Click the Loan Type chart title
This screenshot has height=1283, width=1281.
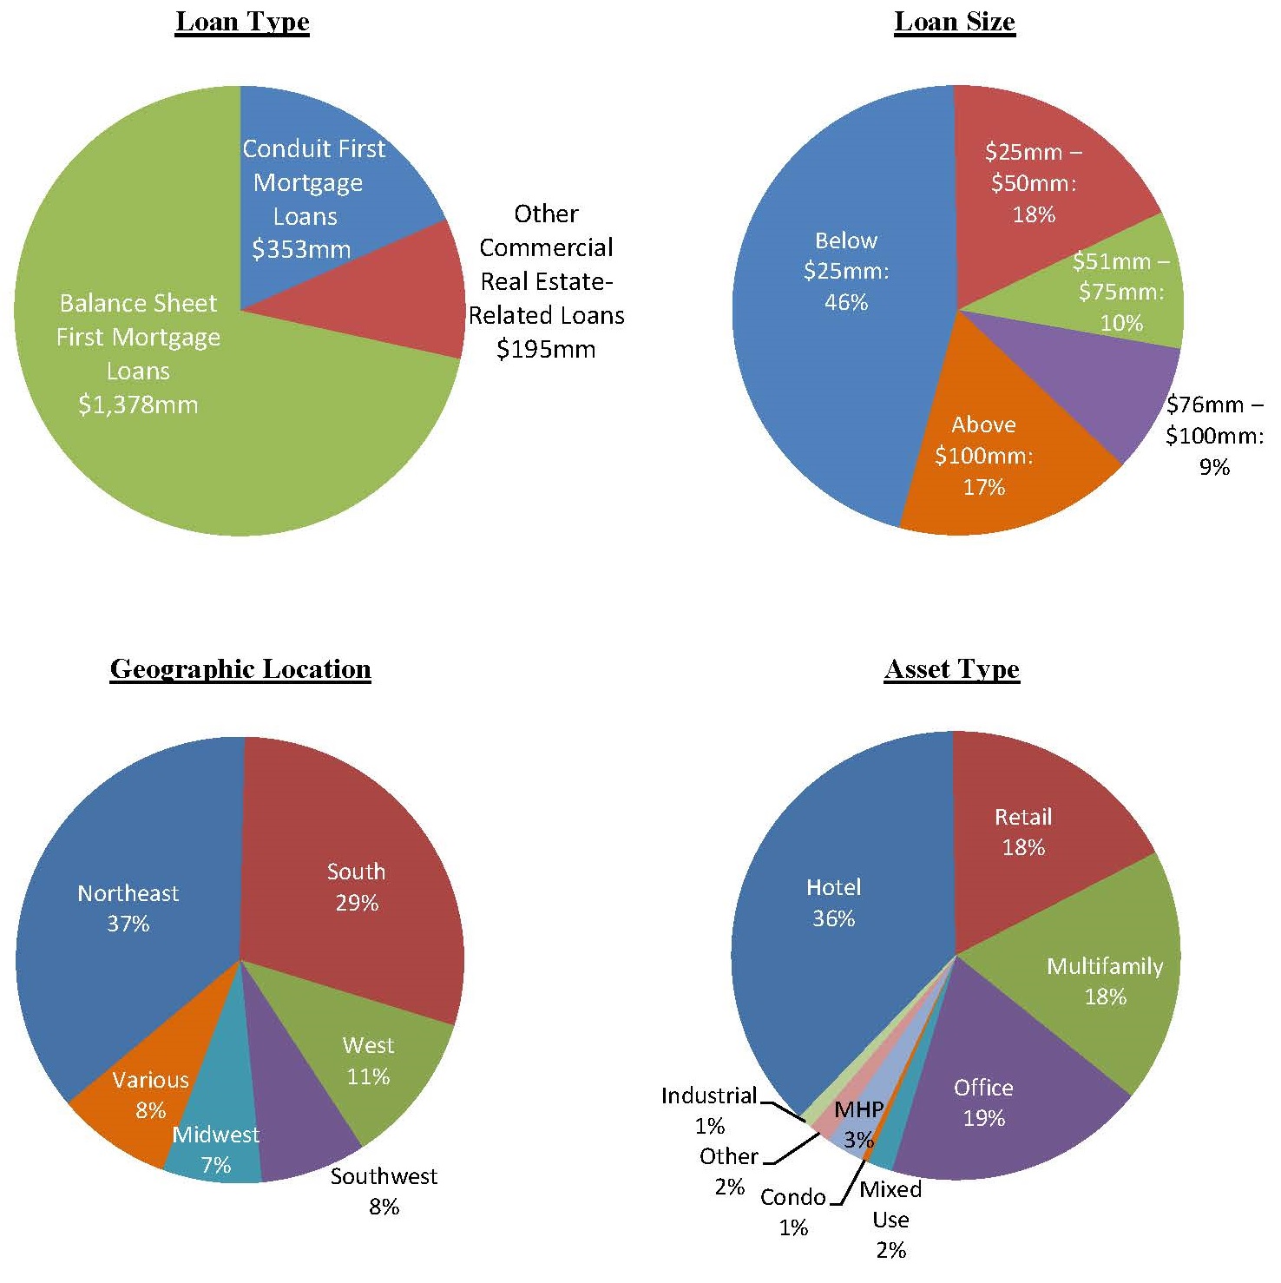[242, 22]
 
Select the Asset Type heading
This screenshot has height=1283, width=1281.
[952, 669]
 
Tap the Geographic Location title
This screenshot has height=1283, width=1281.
[240, 669]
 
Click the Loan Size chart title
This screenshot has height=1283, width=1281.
[955, 22]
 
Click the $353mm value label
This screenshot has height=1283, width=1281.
[301, 250]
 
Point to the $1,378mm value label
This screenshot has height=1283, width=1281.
[138, 405]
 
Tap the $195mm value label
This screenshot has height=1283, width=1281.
[546, 350]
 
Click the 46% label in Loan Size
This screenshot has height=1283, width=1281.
[846, 303]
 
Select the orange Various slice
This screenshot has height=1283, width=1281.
[130, 1128]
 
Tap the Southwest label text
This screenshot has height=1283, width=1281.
[384, 1177]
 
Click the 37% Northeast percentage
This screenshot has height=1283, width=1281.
[128, 924]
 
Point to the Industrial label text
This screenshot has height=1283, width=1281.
[709, 1096]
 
